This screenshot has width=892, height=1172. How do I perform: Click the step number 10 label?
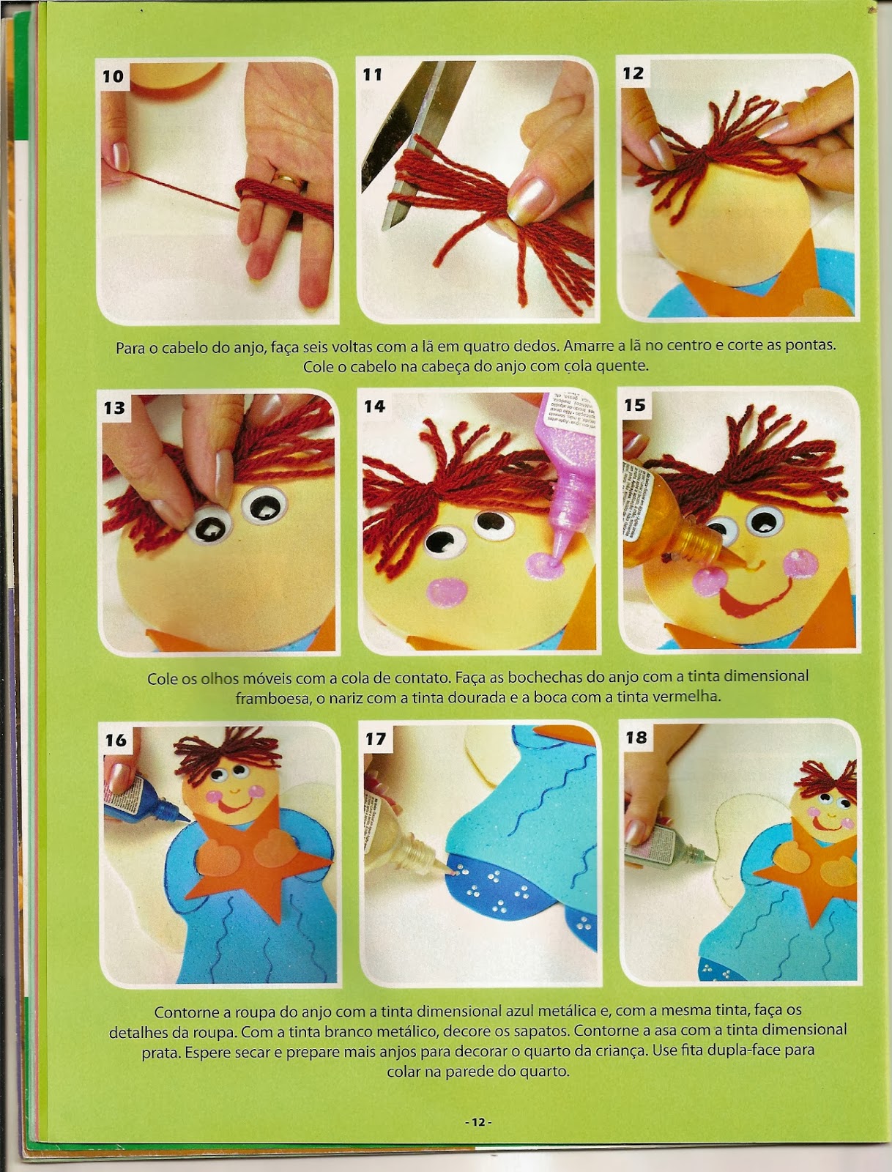pos(114,76)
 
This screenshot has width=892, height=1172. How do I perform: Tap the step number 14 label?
pos(374,407)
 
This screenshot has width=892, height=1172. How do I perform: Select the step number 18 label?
pos(636,737)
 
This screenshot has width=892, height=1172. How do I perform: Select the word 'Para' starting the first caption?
pos(131,348)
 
